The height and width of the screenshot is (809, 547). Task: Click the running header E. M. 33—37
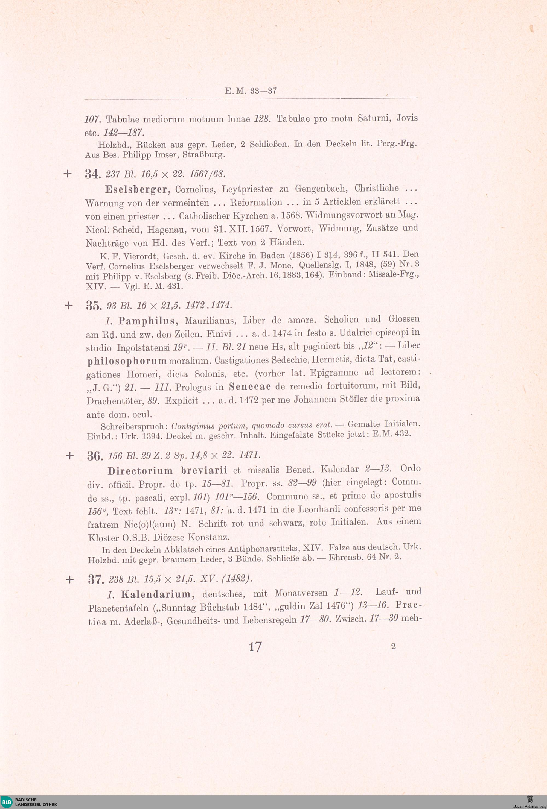tap(251, 91)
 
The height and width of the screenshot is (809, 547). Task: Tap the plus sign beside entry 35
tap(69, 305)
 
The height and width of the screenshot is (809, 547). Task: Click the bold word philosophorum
tap(127, 361)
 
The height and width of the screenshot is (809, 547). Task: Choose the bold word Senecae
tap(250, 387)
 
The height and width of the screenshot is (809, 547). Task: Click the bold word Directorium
tap(140, 471)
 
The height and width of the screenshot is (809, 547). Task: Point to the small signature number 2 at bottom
tap(393, 646)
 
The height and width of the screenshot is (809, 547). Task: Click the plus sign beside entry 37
tap(70, 579)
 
